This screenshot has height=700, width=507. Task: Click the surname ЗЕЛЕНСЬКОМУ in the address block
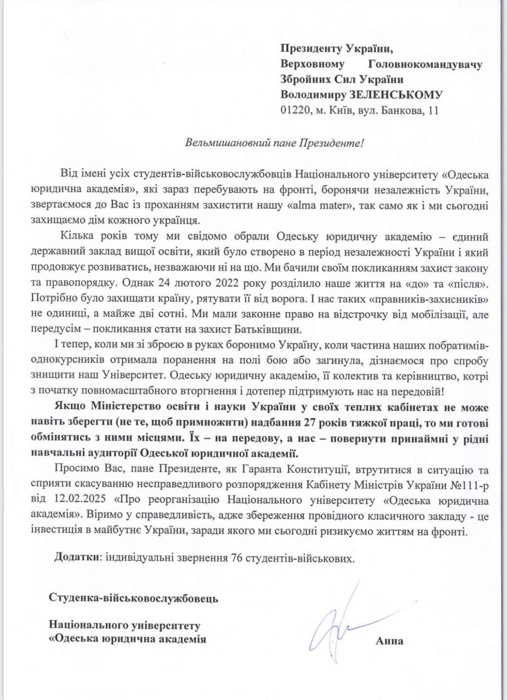pyautogui.click(x=400, y=94)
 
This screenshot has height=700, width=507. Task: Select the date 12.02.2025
pyautogui.click(x=88, y=500)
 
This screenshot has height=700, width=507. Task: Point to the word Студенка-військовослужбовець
pyautogui.click(x=134, y=598)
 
